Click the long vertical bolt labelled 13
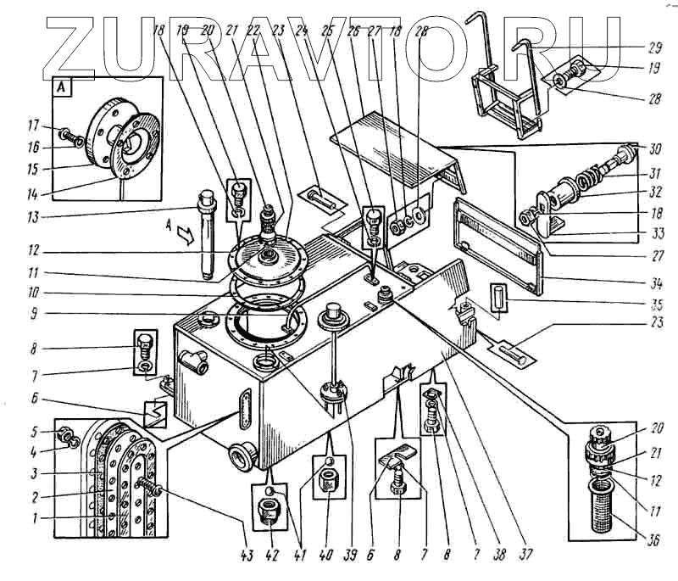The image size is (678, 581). pos(205,237)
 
